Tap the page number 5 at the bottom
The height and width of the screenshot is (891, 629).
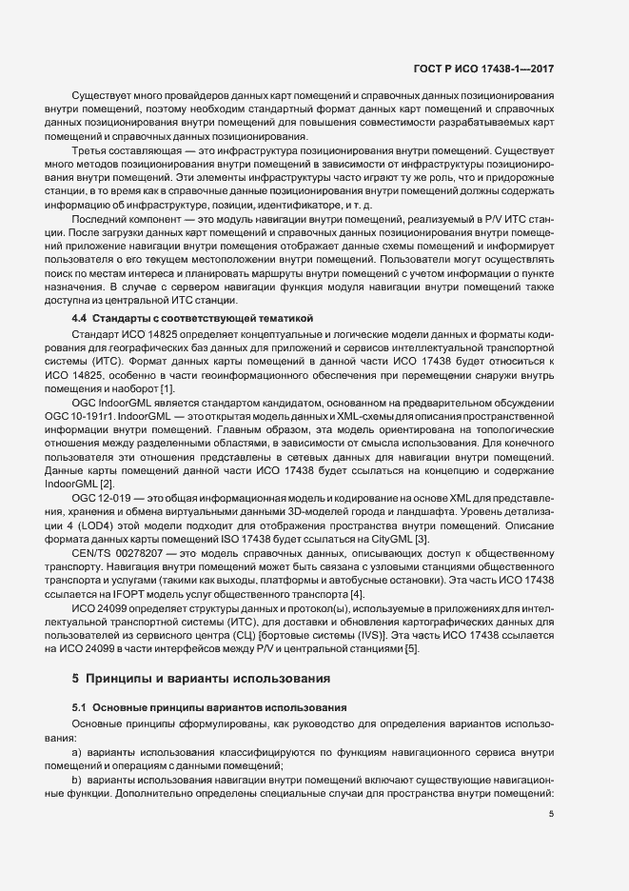pos(552,813)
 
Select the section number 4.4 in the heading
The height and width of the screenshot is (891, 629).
pos(79,317)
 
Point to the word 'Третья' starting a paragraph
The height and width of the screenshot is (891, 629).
pos(90,150)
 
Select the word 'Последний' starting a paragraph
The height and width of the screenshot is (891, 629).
pos(98,219)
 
